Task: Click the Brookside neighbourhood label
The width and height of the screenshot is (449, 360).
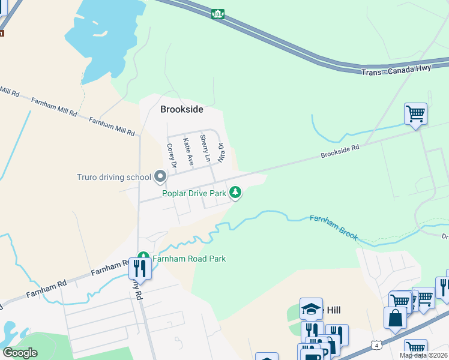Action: [x=181, y=110]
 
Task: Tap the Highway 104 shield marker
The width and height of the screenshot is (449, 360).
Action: [x=217, y=13]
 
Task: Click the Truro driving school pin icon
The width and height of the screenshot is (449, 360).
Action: [x=160, y=177]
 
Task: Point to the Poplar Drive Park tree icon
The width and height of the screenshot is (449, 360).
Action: [x=236, y=193]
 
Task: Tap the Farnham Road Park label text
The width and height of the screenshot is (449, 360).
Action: [x=188, y=259]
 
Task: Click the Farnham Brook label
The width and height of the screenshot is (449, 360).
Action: [x=334, y=227]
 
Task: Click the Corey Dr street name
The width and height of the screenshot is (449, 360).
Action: [x=170, y=156]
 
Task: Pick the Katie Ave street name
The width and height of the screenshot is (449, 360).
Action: [x=188, y=151]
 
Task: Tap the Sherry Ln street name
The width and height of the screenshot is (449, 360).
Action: [x=205, y=148]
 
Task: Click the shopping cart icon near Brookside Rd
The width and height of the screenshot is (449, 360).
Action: [x=415, y=113]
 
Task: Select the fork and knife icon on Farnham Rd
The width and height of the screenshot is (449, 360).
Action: [x=140, y=268]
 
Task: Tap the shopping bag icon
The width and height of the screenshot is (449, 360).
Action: [x=396, y=318]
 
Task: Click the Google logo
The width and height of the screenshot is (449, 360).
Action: [x=20, y=353]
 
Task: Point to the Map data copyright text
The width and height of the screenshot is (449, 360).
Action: [x=424, y=355]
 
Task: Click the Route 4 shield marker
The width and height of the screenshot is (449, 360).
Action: [x=376, y=345]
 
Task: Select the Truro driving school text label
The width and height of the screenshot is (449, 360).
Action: [x=113, y=177]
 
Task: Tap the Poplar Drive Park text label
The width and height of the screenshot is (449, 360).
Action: [x=194, y=193]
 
